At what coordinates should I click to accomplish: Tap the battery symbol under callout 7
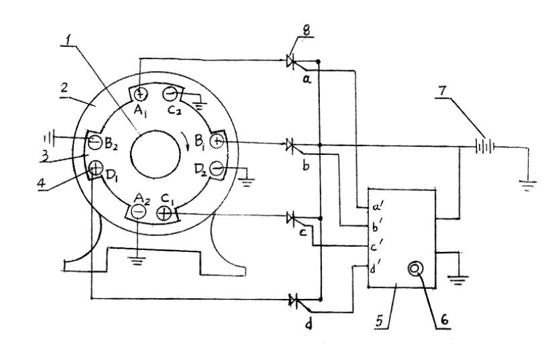(480, 143)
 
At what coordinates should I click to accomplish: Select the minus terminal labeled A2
(138, 213)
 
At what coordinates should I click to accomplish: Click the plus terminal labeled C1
(164, 213)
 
